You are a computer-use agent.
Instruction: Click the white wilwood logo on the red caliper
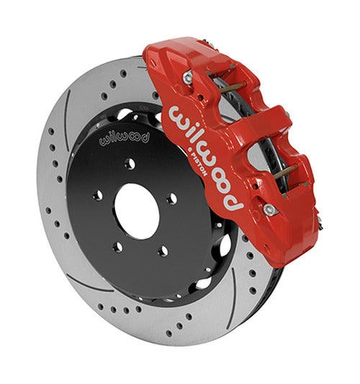click(x=207, y=158)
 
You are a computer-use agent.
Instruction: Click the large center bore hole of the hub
click(x=137, y=211)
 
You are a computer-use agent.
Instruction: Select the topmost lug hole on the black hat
click(x=130, y=164)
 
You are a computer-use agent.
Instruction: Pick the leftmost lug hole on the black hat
click(x=98, y=195)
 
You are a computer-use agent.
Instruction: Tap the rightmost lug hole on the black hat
click(x=172, y=198)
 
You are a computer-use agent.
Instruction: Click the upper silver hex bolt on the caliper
click(x=188, y=76)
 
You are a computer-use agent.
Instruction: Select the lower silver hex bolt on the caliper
click(x=269, y=210)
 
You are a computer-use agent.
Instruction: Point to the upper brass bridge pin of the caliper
click(x=233, y=86)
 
